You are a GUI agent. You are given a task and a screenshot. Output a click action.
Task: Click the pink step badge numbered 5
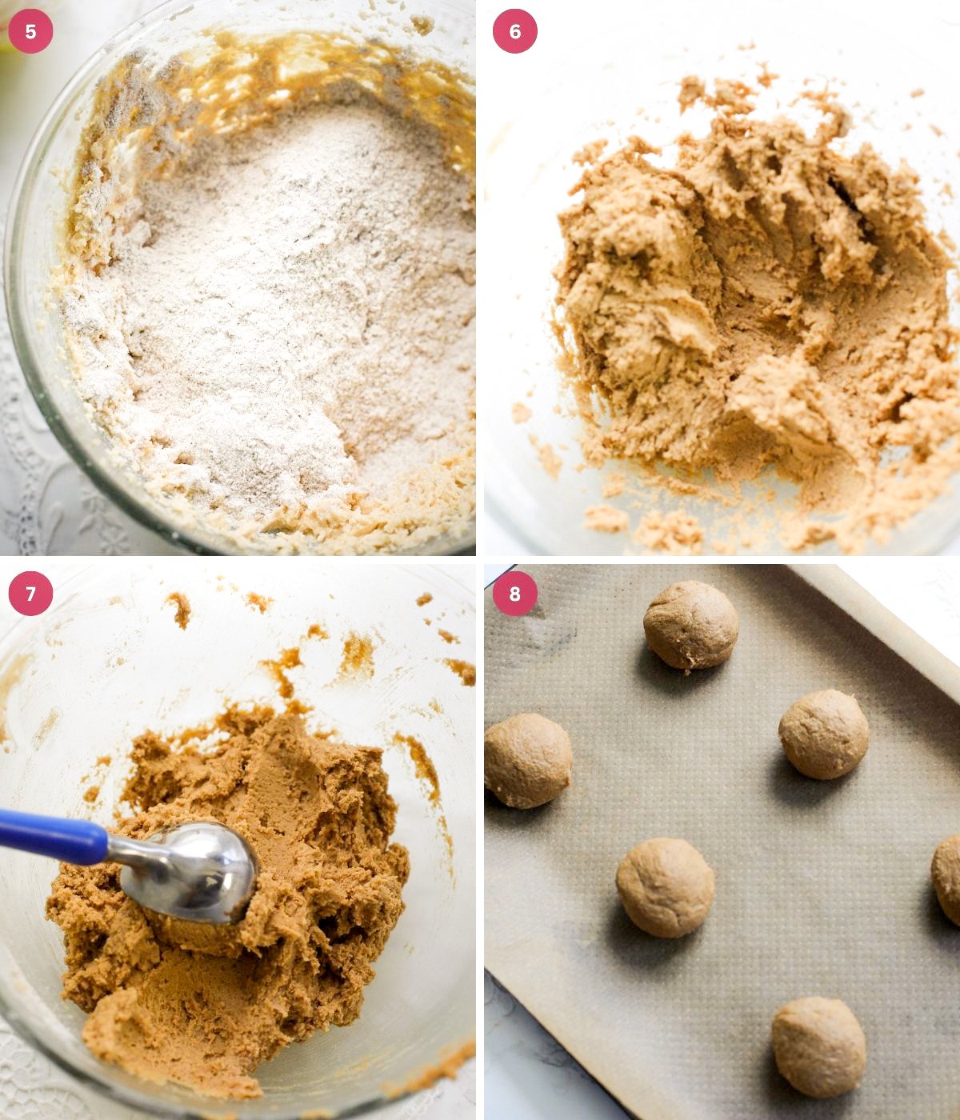30,31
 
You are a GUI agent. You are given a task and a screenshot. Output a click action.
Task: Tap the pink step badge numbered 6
514,31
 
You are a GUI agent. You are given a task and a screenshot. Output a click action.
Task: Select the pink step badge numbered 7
30,594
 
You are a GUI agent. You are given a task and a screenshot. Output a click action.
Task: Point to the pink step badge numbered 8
514,594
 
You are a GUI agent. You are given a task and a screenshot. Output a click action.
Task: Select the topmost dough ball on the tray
690,626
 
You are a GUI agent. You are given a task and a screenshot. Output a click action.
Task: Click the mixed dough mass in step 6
753,303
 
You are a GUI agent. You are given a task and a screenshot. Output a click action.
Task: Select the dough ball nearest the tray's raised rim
823,734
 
